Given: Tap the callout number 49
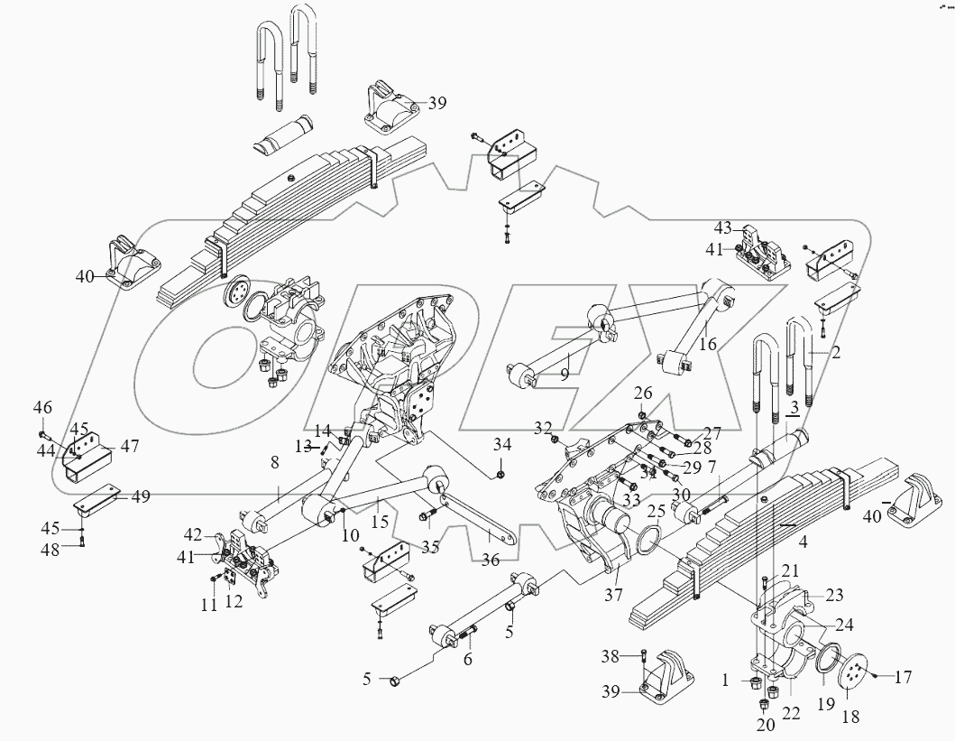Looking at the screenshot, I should click(x=140, y=496).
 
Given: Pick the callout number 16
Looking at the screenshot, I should click(x=707, y=344).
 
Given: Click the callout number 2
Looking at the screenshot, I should click(x=836, y=352).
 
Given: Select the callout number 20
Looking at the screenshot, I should click(x=766, y=725).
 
